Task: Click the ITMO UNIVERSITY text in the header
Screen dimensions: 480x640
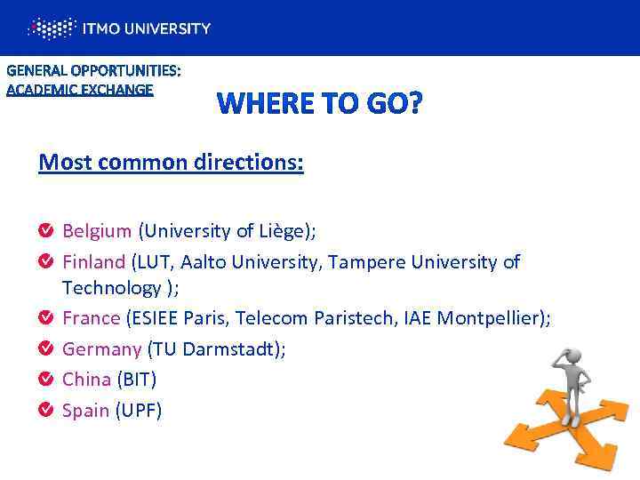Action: (147, 28)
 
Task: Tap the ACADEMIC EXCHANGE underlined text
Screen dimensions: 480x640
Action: (80, 89)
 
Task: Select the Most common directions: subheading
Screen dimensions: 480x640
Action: (171, 164)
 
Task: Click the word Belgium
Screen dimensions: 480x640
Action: (96, 231)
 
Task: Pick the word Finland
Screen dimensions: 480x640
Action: (93, 262)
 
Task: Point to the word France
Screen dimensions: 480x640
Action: (91, 318)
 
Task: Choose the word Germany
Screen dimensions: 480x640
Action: (101, 349)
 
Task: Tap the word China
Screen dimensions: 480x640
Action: (86, 380)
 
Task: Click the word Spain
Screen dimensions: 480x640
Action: (85, 411)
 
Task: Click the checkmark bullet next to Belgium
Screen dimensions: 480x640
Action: (45, 232)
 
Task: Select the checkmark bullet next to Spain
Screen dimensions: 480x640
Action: (45, 411)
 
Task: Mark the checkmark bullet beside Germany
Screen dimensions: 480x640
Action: (45, 349)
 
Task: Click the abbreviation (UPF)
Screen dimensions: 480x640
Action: (139, 411)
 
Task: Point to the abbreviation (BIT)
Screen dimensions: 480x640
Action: (137, 380)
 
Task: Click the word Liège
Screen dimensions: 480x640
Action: (280, 231)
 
